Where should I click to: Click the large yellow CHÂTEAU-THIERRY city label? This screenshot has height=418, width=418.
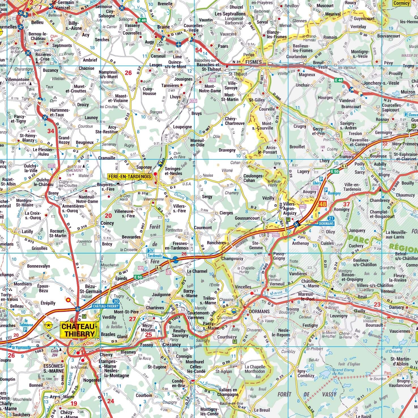(x=80, y=330)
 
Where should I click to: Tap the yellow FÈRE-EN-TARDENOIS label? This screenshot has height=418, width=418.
(x=130, y=176)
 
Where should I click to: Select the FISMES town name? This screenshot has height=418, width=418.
(x=253, y=62)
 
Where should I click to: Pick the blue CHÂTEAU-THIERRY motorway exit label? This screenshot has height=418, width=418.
(x=106, y=306)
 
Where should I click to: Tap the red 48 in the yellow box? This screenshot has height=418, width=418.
(x=323, y=204)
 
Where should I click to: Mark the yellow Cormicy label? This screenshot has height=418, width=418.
(x=401, y=3)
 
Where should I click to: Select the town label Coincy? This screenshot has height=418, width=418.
(x=107, y=223)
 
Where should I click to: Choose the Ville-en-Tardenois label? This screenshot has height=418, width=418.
(x=353, y=187)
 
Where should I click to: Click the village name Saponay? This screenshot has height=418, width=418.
(x=144, y=167)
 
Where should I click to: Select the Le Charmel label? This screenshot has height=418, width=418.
(x=197, y=271)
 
